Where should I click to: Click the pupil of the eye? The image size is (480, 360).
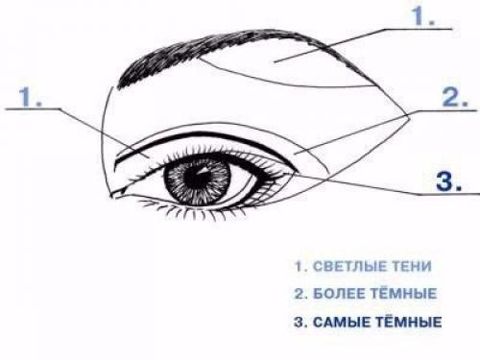199,177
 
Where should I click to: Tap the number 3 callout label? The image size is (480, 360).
449,181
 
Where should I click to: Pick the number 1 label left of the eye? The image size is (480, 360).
30,97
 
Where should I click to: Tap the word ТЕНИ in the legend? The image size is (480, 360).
414,266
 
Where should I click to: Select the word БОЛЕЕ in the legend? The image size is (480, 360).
340,294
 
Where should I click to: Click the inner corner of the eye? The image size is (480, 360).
116,194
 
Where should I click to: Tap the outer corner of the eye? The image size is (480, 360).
296,173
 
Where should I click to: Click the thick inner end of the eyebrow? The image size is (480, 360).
121,84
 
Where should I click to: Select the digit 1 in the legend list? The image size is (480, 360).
299,266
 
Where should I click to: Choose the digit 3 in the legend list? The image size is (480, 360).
300,323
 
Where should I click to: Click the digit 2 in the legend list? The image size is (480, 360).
299,294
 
